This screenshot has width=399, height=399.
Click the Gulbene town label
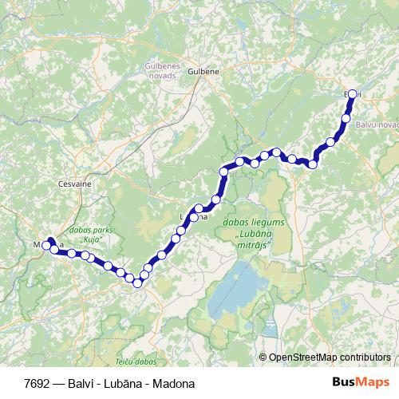(x=203, y=70)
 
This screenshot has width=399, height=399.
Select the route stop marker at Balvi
(x=352, y=94)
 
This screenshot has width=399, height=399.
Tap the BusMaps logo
(x=361, y=382)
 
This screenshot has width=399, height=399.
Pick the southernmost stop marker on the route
(x=137, y=282)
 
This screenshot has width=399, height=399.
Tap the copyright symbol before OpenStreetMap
(x=263, y=357)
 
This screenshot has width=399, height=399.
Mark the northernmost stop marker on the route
(x=352, y=94)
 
